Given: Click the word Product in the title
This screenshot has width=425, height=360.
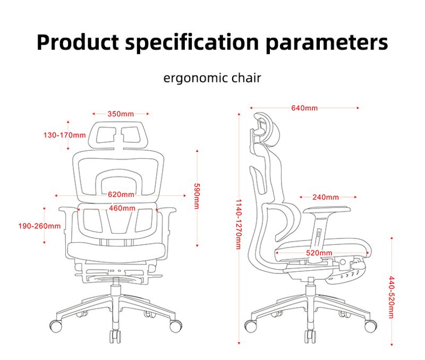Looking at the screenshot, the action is coord(78,42).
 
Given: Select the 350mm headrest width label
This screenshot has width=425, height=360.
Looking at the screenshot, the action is coord(121,114).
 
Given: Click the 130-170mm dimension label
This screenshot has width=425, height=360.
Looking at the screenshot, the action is coord(64,135).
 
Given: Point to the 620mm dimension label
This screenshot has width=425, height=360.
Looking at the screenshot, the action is coord(121,194).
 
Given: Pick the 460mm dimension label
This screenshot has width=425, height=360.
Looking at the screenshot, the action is coord(122,208).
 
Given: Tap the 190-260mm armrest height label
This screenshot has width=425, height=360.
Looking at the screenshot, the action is coord(39,226).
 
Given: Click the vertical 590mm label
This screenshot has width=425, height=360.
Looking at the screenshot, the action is coord(197,196).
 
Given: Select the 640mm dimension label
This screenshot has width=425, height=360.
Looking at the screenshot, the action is coord(304,108).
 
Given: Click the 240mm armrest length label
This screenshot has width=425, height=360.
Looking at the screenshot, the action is coord(326,197).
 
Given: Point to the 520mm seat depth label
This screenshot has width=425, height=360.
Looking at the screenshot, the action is coord(319,253).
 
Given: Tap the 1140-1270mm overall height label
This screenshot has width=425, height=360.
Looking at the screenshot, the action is coord(238,224).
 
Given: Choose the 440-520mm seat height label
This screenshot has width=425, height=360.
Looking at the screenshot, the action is coord(391,297).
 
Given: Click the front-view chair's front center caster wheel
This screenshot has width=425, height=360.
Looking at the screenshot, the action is coord(115,336).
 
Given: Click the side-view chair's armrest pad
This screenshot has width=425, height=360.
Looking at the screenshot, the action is coord(327,210).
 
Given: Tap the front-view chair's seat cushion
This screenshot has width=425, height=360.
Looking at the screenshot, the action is coord(116,250).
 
